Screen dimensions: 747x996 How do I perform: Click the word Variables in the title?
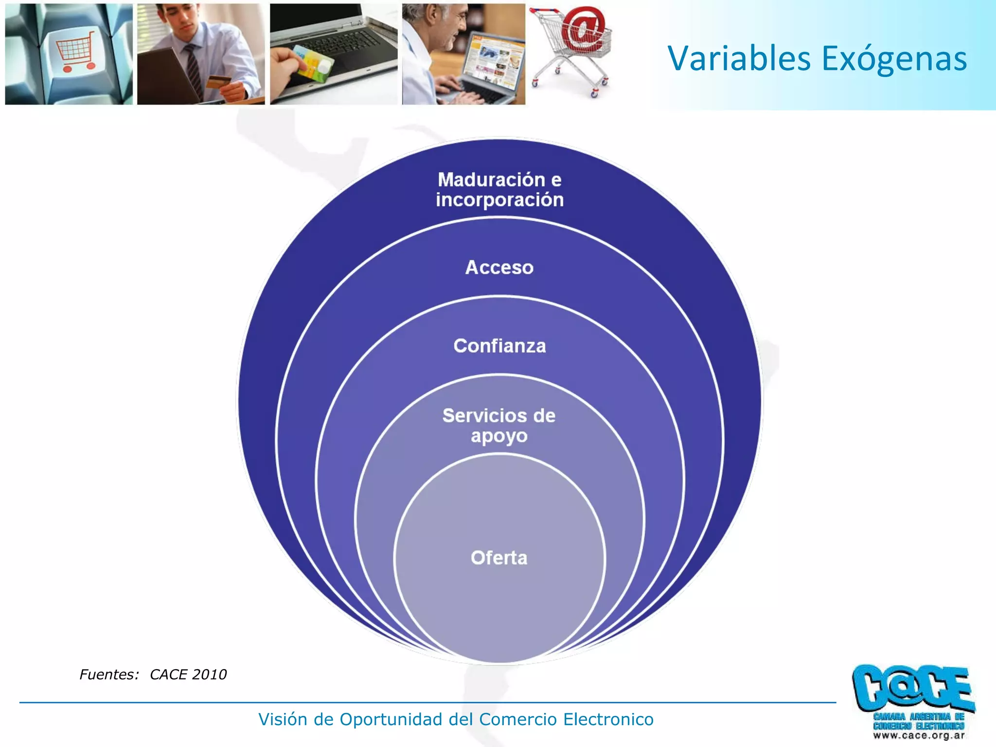tap(739, 59)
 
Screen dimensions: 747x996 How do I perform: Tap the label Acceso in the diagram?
tap(499, 267)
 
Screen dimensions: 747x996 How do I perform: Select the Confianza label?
tap(499, 346)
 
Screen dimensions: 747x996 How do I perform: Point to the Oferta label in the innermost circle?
tap(499, 558)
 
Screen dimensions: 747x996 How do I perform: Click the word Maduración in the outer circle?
tap(491, 180)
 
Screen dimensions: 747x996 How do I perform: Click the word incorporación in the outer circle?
tap(499, 200)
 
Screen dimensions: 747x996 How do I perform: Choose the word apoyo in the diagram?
tap(499, 436)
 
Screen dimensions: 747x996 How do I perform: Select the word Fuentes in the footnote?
tap(108, 675)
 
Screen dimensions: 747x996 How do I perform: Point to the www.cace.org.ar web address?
tap(919, 735)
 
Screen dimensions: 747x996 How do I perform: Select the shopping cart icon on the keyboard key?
tap(75, 51)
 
